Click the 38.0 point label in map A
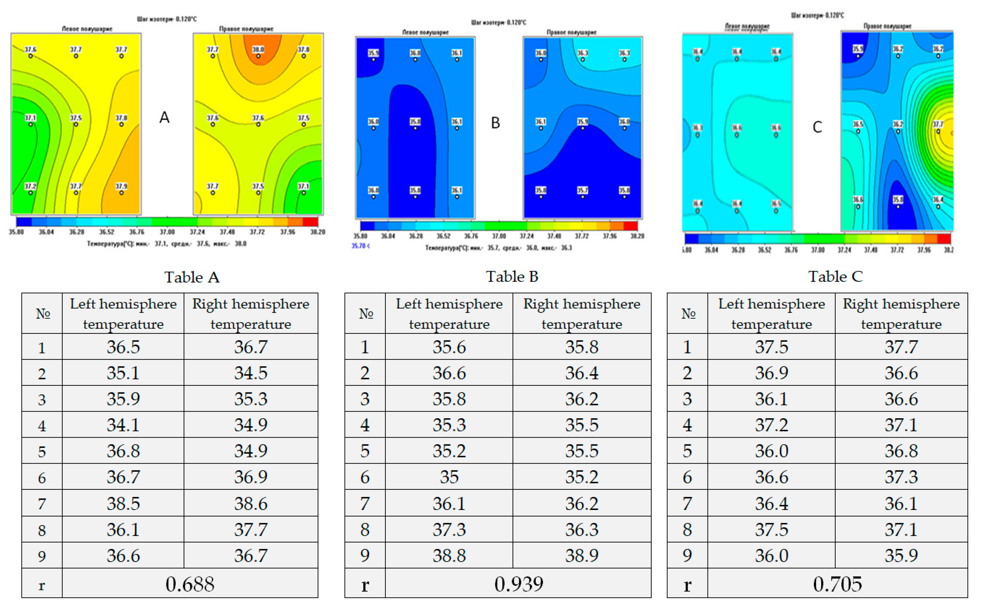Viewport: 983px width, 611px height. click(x=258, y=50)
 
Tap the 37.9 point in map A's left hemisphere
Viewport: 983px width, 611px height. click(x=121, y=187)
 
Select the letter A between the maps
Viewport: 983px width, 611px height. click(x=164, y=117)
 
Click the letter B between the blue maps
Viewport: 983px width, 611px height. click(x=495, y=123)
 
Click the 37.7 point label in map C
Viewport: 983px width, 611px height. click(x=938, y=125)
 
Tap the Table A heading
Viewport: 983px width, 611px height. click(x=192, y=277)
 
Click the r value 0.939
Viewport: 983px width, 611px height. click(x=519, y=584)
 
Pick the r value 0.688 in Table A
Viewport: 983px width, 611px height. click(x=190, y=584)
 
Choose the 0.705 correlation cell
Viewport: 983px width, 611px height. click(x=837, y=584)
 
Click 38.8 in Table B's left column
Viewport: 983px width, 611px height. click(x=449, y=556)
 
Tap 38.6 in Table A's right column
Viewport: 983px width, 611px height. click(x=251, y=504)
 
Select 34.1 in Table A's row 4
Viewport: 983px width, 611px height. click(x=123, y=425)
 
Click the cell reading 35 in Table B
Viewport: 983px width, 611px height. click(x=449, y=477)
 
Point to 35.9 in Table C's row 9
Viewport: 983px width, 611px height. click(x=901, y=556)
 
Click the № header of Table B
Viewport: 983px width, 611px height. click(x=366, y=314)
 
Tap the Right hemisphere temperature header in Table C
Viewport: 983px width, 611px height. click(x=901, y=314)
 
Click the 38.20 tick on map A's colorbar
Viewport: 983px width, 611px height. click(x=318, y=232)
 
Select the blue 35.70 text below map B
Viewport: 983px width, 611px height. click(x=360, y=246)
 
